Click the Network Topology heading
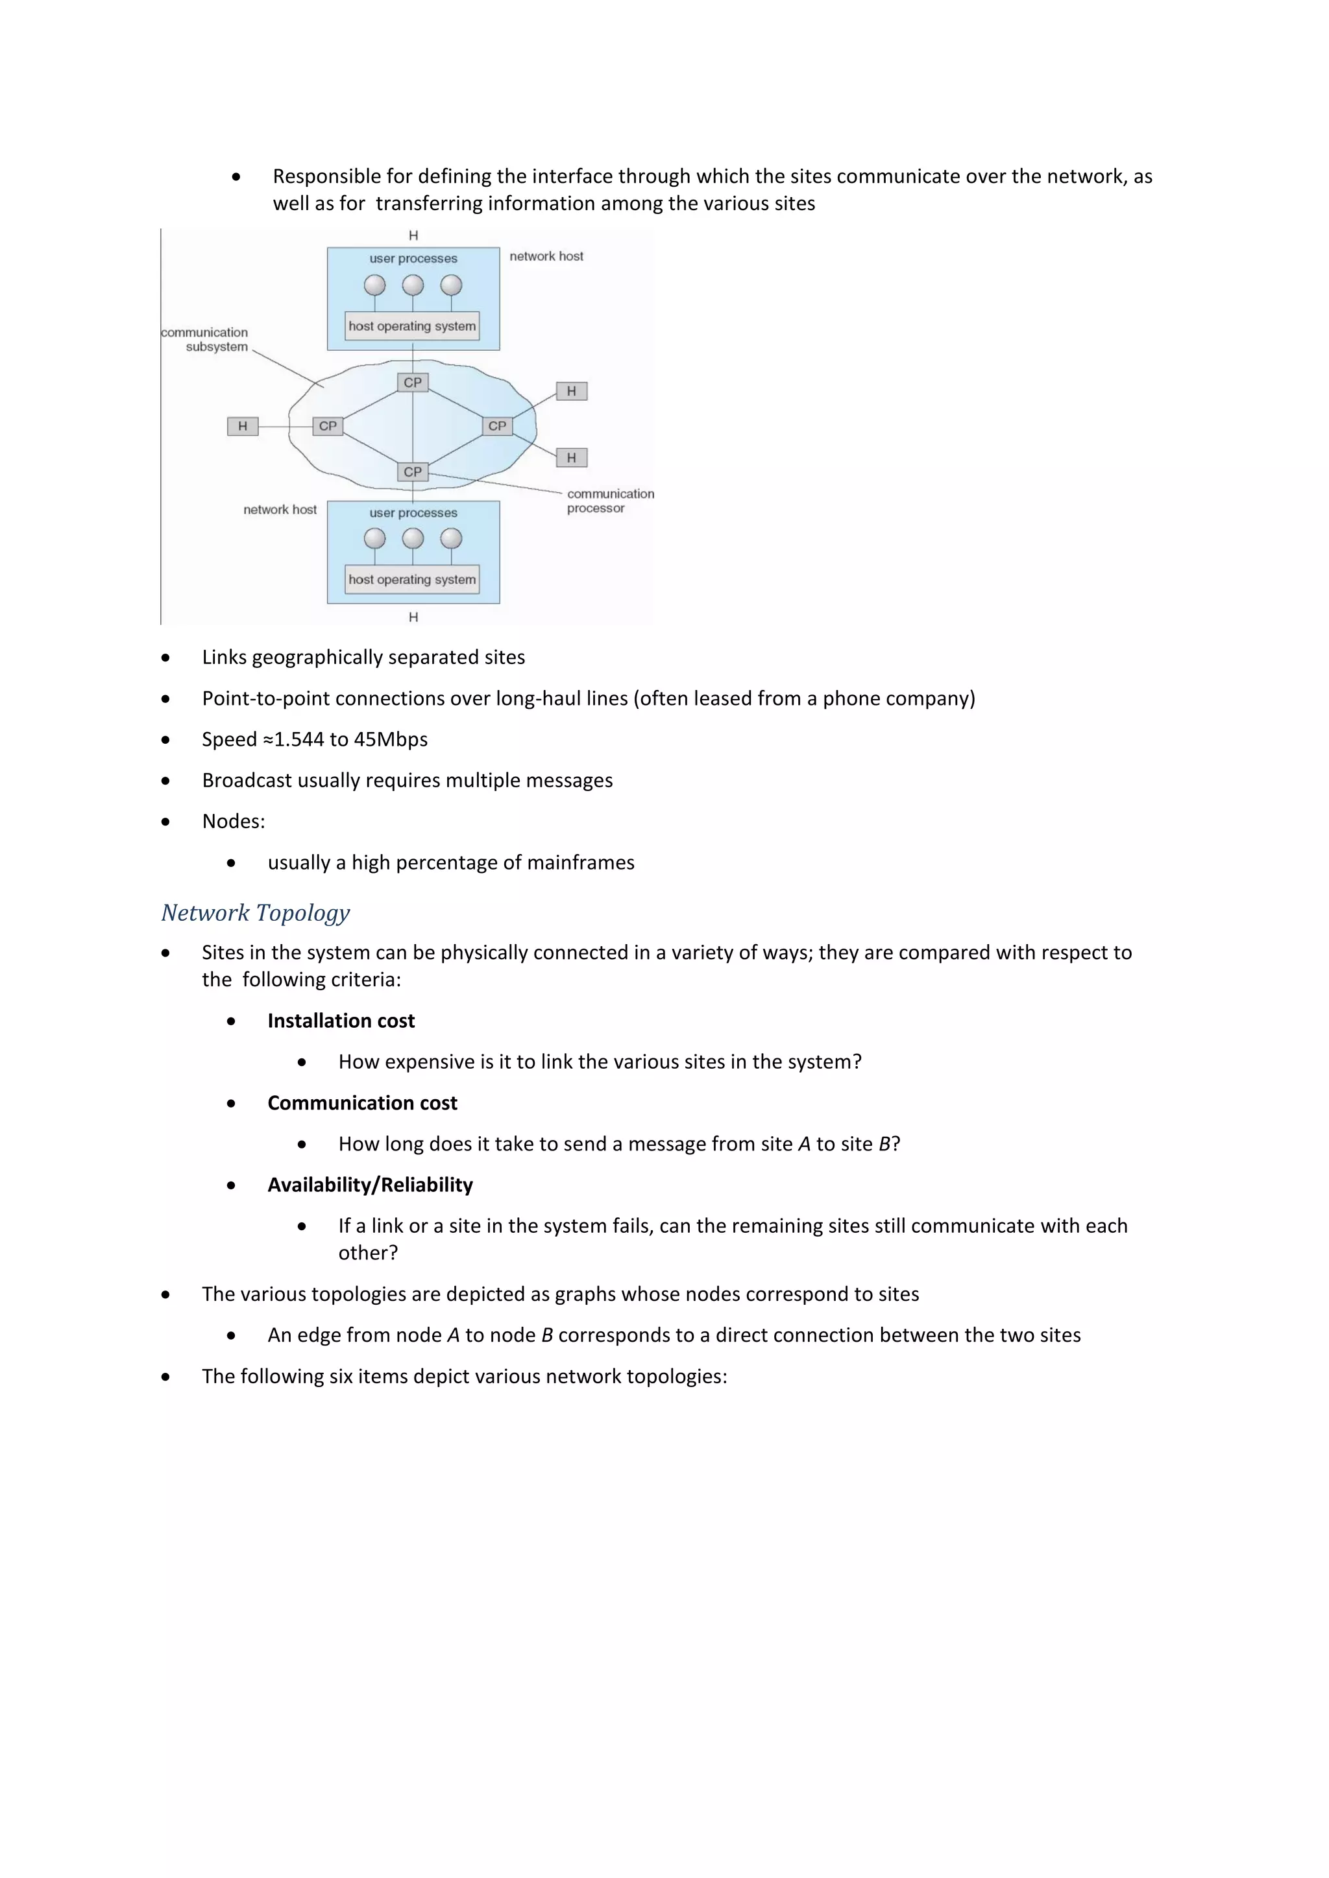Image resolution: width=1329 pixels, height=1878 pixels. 255,913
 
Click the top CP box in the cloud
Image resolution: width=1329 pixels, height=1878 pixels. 413,382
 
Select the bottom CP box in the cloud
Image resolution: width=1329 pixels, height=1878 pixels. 413,472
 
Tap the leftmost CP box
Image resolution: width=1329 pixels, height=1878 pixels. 327,426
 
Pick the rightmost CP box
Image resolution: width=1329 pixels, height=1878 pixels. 496,426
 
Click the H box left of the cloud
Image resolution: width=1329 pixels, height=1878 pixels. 242,426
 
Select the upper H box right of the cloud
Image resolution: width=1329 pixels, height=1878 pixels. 571,391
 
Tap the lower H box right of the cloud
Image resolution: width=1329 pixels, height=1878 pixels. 571,458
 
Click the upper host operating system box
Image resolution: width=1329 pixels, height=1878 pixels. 411,326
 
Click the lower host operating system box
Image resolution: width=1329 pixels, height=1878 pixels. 411,579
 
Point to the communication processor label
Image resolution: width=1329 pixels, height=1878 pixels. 610,501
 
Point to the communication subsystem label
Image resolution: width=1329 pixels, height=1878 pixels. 206,339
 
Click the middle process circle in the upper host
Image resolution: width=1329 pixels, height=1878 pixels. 413,285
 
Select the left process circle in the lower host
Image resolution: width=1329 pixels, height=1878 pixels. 375,538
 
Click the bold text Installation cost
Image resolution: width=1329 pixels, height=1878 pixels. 341,1021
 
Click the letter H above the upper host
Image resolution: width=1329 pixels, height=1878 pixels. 413,235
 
